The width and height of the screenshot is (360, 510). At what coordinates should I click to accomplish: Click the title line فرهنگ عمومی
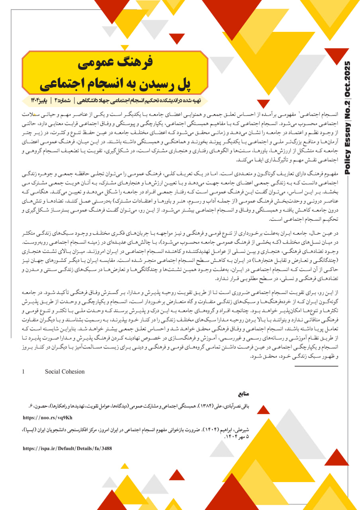[115, 63]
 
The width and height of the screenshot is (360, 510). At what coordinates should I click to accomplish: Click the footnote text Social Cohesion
[65, 371]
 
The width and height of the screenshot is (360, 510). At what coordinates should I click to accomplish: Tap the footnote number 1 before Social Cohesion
[23, 371]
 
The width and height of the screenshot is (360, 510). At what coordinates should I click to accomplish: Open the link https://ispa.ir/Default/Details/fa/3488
[67, 448]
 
